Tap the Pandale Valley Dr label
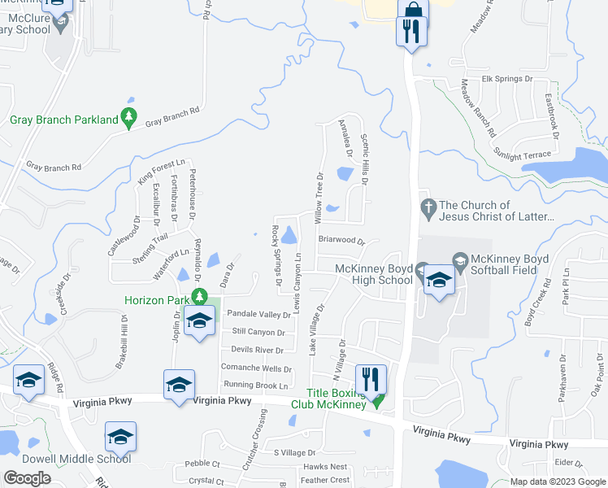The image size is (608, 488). tap(258, 314)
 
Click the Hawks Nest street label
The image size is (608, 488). tap(325, 467)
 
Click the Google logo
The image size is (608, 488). tap(27, 478)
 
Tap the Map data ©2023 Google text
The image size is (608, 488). tap(557, 482)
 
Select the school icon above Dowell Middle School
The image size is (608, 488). tap(120, 438)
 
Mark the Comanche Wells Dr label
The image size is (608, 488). tap(256, 368)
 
